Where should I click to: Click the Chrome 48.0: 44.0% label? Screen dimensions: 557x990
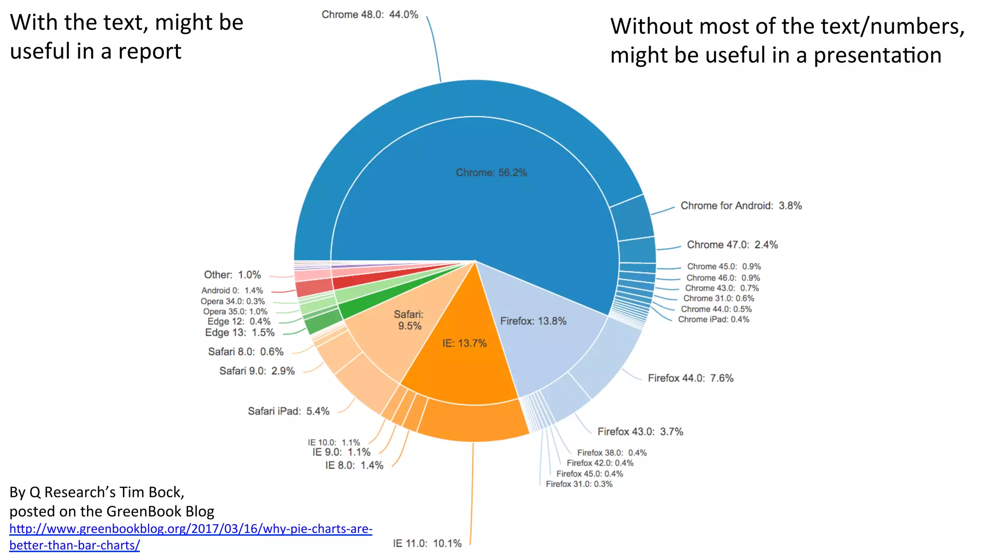coord(370,15)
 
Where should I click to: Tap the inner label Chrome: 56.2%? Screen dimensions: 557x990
coord(491,173)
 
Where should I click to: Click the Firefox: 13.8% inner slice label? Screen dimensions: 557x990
coord(533,321)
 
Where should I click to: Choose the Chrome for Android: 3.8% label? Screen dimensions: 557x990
coord(741,206)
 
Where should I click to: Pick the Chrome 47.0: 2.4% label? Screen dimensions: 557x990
coord(732,245)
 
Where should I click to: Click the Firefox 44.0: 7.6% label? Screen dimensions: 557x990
coord(690,378)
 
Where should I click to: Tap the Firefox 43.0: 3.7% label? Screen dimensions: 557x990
coord(640,432)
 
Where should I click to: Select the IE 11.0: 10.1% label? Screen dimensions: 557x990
coord(427,543)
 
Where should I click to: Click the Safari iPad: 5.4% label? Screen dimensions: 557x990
coord(289,411)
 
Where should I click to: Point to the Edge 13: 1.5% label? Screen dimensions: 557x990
coord(240,333)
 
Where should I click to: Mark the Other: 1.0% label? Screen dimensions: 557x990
coord(232,275)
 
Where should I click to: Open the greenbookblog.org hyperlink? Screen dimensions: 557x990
coord(190,529)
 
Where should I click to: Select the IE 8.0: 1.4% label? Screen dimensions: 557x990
coord(354,465)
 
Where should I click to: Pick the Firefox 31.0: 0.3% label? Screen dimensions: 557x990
coord(579,484)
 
